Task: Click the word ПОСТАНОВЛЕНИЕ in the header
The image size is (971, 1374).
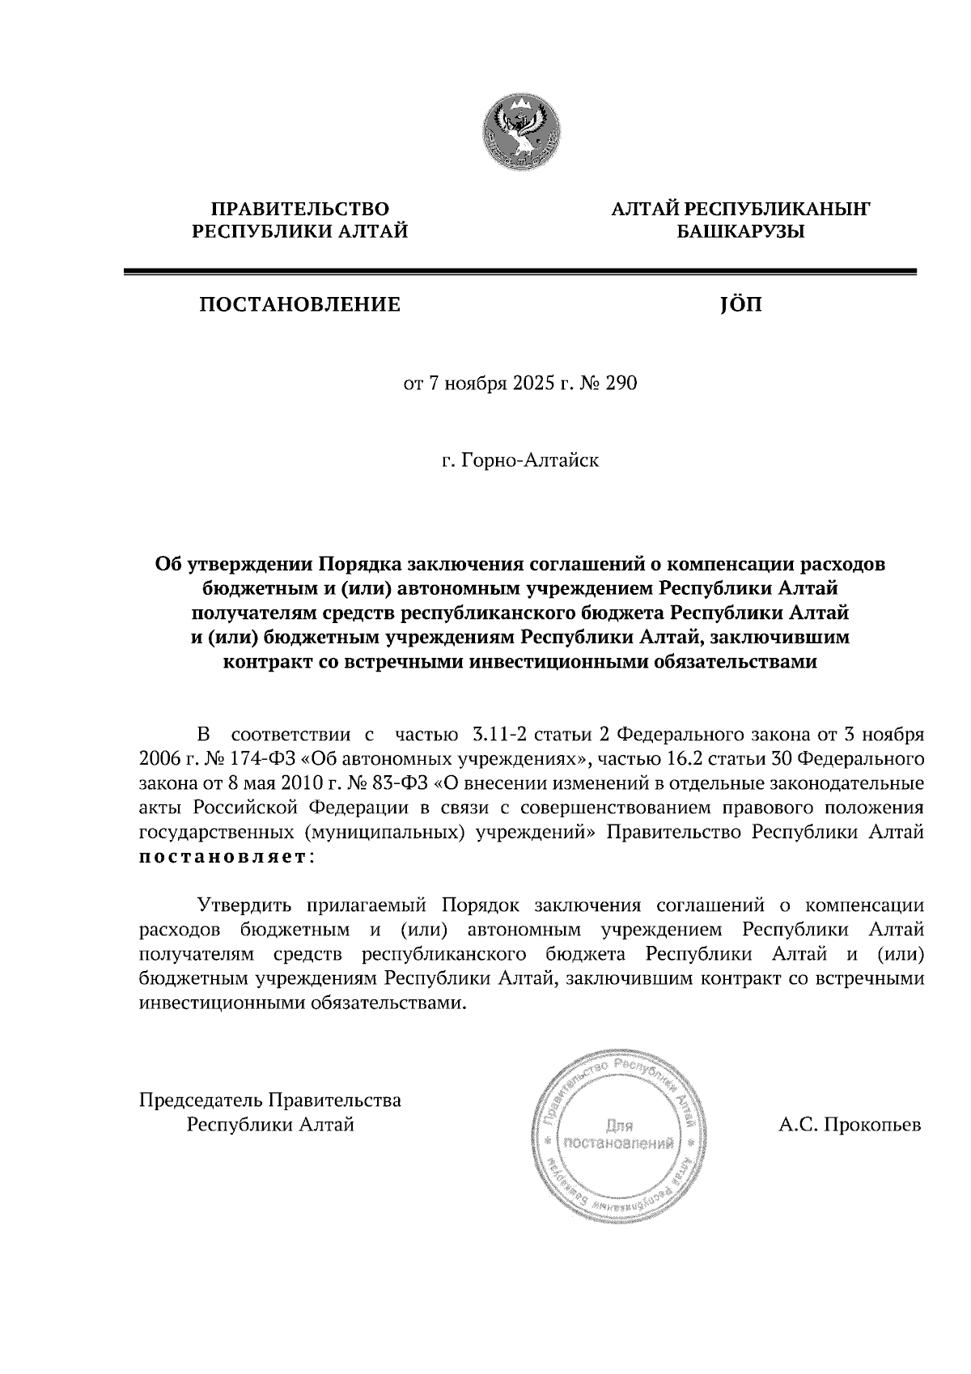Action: (299, 306)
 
